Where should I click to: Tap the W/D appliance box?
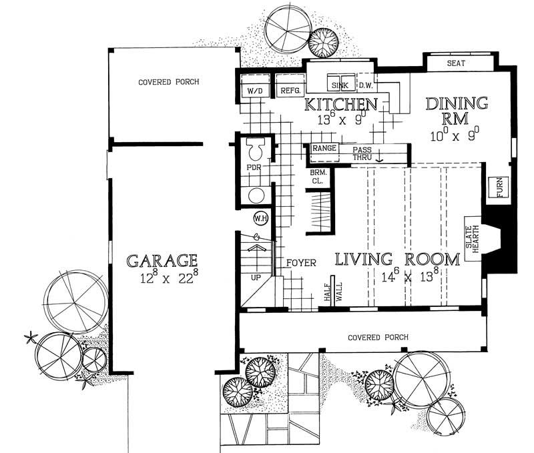click(254, 90)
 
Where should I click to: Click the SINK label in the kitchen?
click(339, 85)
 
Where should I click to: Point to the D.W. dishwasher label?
click(366, 85)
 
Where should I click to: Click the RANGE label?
click(324, 149)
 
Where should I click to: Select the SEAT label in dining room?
click(456, 63)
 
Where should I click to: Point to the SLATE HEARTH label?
click(473, 240)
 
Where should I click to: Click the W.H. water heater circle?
click(259, 217)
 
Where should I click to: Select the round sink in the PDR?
click(256, 195)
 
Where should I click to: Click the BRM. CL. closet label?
click(318, 177)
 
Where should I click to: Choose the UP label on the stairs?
click(254, 276)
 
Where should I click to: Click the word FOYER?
click(301, 262)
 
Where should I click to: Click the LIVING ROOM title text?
click(397, 259)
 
